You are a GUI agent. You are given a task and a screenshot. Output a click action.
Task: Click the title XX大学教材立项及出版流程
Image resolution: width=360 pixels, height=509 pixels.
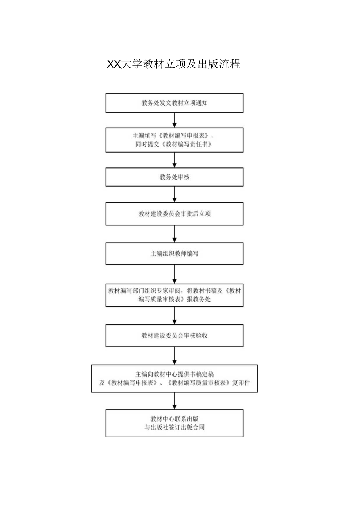click(x=174, y=64)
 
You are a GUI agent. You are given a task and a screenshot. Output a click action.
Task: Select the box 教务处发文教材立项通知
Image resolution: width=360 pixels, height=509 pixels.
click(x=175, y=103)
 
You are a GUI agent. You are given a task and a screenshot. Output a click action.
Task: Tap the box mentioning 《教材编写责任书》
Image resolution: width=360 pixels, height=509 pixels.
click(x=175, y=140)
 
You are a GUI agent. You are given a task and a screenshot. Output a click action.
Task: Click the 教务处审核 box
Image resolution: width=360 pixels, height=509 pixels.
click(x=175, y=177)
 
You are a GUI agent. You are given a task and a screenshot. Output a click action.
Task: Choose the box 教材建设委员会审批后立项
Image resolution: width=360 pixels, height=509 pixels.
click(x=175, y=214)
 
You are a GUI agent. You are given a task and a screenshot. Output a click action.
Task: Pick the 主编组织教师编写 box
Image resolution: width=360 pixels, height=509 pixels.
click(x=175, y=254)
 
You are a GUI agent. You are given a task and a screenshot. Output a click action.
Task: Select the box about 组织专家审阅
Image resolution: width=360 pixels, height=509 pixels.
click(x=175, y=295)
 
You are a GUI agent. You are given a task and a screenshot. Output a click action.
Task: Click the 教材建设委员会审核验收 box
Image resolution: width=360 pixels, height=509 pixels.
click(x=175, y=335)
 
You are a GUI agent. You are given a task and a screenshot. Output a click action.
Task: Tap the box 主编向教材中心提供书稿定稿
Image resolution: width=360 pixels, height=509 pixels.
click(x=175, y=378)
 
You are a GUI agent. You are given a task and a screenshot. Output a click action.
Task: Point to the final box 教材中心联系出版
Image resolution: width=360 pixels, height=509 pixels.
click(x=175, y=423)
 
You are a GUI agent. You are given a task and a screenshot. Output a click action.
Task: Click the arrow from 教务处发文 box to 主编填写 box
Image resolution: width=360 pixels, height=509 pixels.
click(x=175, y=120)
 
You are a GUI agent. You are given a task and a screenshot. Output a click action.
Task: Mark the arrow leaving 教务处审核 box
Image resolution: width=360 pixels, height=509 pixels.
click(x=175, y=194)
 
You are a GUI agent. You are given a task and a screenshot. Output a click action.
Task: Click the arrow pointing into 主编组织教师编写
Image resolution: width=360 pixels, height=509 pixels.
click(x=175, y=234)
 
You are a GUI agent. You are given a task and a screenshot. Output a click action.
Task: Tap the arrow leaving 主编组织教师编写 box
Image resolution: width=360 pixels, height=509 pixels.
click(x=175, y=274)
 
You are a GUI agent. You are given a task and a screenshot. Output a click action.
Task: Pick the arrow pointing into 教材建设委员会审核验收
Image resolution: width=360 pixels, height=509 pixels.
click(x=175, y=315)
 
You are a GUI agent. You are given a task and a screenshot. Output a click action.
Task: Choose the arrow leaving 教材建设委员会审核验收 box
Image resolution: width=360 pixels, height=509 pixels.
click(x=175, y=356)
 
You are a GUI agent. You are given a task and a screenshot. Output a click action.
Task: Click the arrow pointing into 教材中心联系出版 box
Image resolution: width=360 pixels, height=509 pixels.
click(x=175, y=401)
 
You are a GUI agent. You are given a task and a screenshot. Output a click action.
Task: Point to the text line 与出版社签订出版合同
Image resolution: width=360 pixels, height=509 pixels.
click(x=175, y=428)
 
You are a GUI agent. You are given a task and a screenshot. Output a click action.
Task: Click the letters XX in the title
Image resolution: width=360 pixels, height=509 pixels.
click(x=113, y=65)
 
